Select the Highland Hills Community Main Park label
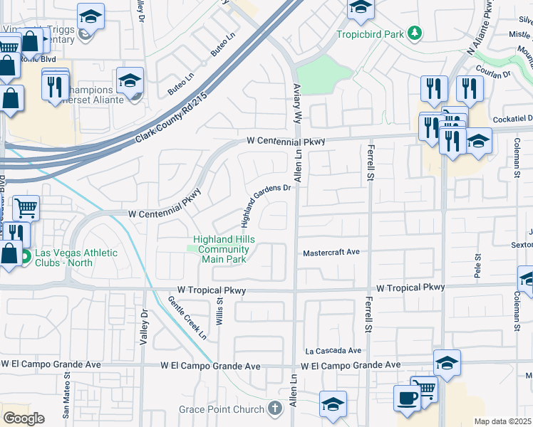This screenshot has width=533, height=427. click(x=223, y=250)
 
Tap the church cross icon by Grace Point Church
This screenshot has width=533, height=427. click(x=276, y=408)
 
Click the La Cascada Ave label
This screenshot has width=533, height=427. click(x=333, y=351)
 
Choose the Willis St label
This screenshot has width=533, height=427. click(x=219, y=311)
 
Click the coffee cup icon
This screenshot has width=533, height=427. click(x=406, y=397)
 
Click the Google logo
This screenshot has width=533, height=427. click(x=23, y=418)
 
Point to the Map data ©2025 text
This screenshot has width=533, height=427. click(x=502, y=421)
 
